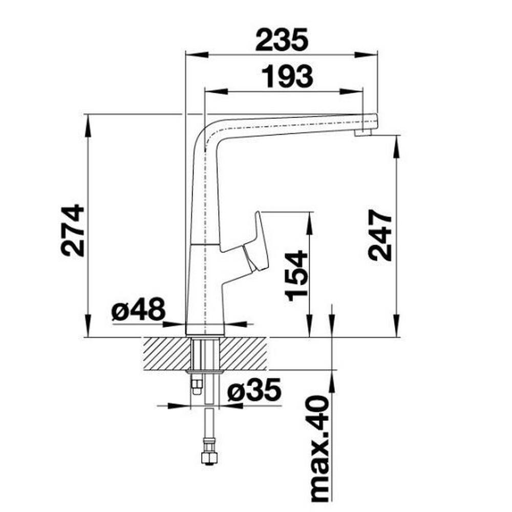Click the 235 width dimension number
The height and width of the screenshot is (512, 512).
click(282, 40)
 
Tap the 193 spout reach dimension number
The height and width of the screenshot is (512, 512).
click(287, 77)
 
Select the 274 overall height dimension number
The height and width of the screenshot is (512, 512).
click(73, 230)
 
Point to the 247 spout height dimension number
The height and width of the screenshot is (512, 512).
click(380, 235)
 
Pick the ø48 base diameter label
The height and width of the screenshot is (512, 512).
click(138, 309)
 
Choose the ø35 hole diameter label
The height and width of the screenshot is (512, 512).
click(254, 390)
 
